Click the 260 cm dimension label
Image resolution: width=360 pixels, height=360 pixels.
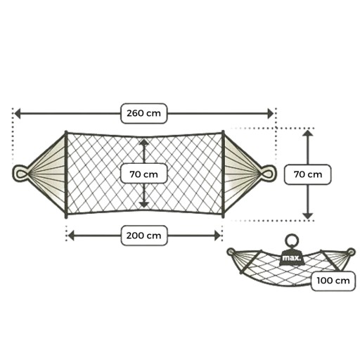143,113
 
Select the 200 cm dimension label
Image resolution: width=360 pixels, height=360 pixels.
144,236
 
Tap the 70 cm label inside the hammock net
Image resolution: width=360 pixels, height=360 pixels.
143,174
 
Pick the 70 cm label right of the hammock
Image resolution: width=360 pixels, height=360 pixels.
308,174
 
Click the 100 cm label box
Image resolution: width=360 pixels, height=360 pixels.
333,281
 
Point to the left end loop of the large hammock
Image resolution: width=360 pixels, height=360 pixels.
14,174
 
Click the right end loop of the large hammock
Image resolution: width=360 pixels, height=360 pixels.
275,173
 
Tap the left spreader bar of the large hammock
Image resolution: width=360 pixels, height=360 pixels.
66,174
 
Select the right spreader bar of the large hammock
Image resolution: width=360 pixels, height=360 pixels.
223,174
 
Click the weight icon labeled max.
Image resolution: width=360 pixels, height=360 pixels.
292,258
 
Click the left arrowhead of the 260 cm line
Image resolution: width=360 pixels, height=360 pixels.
18,114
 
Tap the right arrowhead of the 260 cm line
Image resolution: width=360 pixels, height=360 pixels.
271,114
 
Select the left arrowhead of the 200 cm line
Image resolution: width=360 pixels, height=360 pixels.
71,236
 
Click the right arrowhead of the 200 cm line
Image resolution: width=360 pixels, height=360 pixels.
217,236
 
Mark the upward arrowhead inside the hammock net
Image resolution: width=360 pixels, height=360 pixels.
144,143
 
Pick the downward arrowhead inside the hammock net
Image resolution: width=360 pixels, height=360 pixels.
144,205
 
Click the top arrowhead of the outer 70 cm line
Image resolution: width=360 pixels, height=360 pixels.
308,133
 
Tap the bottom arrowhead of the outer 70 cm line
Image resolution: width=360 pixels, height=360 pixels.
308,216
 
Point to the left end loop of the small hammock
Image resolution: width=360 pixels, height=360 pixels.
231,252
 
